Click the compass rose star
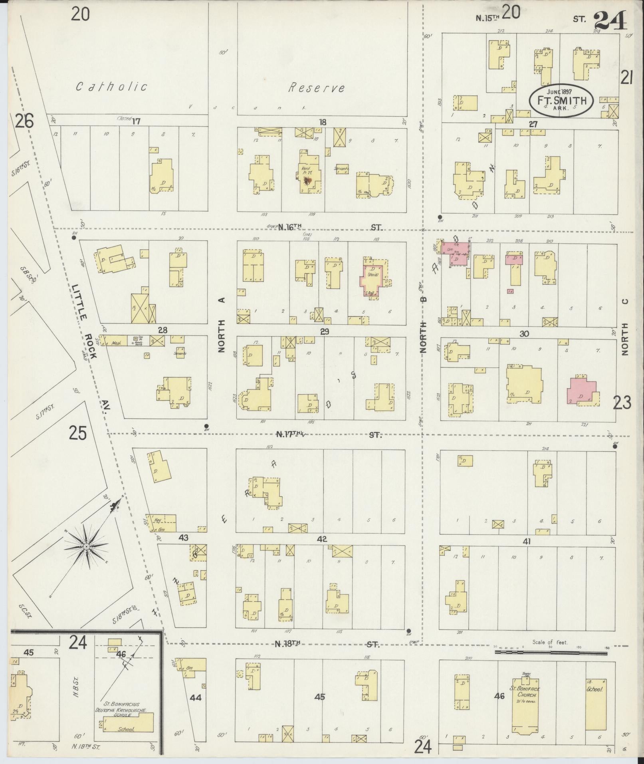[x=86, y=546]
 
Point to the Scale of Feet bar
[x=551, y=652]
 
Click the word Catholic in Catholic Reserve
[x=112, y=86]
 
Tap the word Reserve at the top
[x=317, y=88]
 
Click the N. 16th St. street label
[x=289, y=227]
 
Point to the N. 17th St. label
[x=291, y=434]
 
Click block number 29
[x=324, y=331]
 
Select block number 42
[x=322, y=539]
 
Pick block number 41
[x=527, y=542]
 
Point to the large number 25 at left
[x=78, y=433]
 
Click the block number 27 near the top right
[x=533, y=124]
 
